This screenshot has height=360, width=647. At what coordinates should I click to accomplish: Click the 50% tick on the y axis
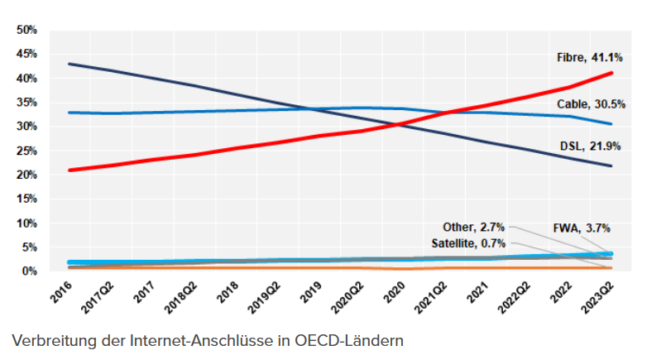pyautogui.click(x=27, y=30)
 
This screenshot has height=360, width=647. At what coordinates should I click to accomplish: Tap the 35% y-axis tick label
pyautogui.click(x=27, y=103)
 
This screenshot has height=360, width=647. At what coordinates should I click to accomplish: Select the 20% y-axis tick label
pyautogui.click(x=27, y=175)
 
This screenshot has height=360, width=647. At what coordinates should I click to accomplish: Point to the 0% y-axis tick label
pyautogui.click(x=30, y=271)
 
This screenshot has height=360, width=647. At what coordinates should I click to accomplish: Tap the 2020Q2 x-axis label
pyautogui.click(x=350, y=295)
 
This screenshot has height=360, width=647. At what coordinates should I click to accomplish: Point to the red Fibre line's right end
pyautogui.click(x=611, y=74)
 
